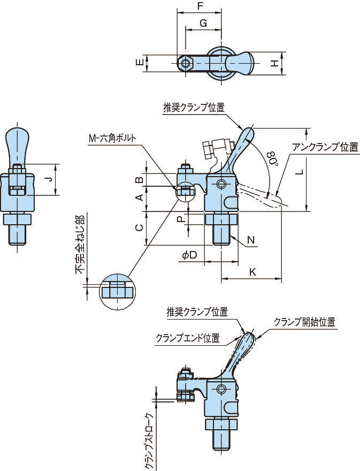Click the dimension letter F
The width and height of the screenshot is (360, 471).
click(x=200, y=6)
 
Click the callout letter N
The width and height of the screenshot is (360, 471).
click(x=251, y=241)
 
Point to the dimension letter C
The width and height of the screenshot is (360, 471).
click(x=139, y=227)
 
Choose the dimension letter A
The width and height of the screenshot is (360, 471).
click(x=139, y=198)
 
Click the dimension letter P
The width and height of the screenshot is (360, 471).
click(x=181, y=219)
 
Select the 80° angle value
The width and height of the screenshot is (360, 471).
click(x=272, y=159)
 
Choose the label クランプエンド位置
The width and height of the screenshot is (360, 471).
click(x=187, y=338)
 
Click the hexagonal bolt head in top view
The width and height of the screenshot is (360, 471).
click(x=185, y=63)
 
